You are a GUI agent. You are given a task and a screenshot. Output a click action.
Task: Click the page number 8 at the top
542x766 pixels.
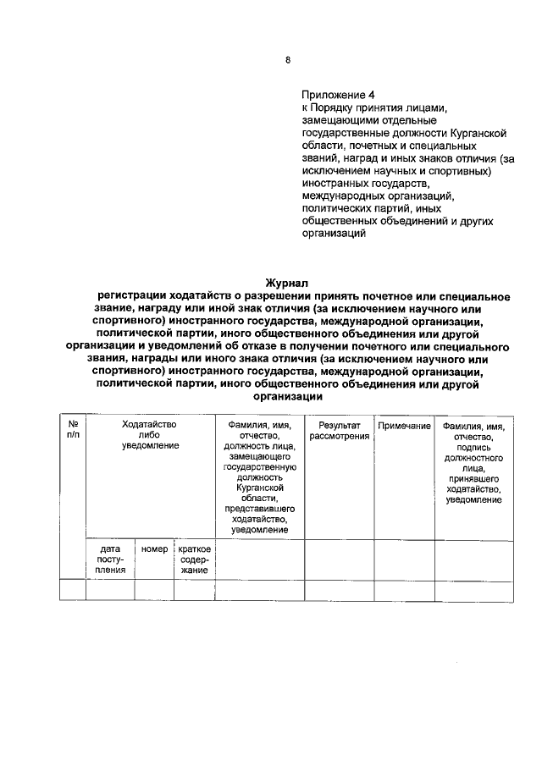(x=287, y=60)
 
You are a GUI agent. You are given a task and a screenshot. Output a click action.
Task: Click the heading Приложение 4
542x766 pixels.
(x=337, y=95)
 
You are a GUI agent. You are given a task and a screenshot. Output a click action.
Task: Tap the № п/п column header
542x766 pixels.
(x=72, y=429)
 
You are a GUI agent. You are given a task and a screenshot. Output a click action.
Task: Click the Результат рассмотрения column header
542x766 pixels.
(x=340, y=429)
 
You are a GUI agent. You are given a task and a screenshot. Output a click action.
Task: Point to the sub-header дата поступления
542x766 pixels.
(x=110, y=559)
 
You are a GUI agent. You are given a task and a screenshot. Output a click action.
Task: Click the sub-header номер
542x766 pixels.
(x=154, y=549)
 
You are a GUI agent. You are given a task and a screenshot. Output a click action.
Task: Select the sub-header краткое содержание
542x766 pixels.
(x=195, y=559)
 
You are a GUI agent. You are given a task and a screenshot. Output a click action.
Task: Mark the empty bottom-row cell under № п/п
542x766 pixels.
(x=72, y=589)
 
